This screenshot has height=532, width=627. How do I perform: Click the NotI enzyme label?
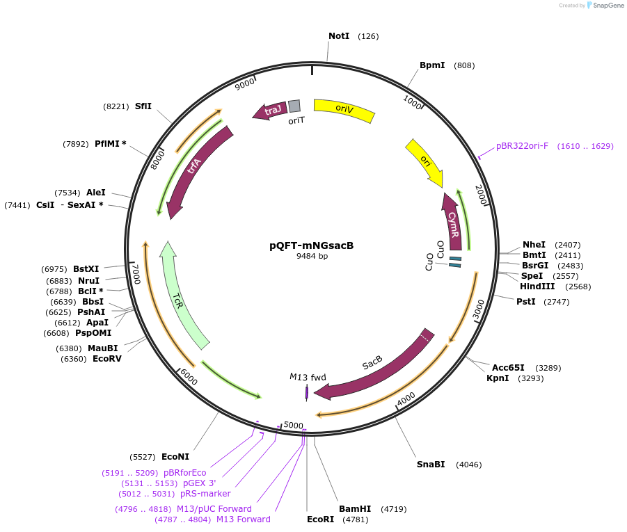(339, 35)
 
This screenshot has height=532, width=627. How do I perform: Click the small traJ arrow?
(271, 109)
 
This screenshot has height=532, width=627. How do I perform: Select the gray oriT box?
(294, 106)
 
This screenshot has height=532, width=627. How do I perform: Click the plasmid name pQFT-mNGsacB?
(312, 245)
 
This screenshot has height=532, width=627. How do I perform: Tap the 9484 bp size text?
(312, 257)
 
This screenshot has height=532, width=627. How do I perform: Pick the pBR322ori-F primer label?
(522, 146)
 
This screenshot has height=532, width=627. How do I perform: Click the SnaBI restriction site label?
(431, 465)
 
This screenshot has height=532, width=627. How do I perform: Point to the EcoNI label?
(175, 457)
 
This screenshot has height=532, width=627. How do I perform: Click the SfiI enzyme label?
(143, 106)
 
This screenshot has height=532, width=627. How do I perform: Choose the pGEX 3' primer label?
(200, 483)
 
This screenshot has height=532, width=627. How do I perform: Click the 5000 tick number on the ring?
(294, 425)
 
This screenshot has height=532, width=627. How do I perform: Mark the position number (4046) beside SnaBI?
(468, 465)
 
